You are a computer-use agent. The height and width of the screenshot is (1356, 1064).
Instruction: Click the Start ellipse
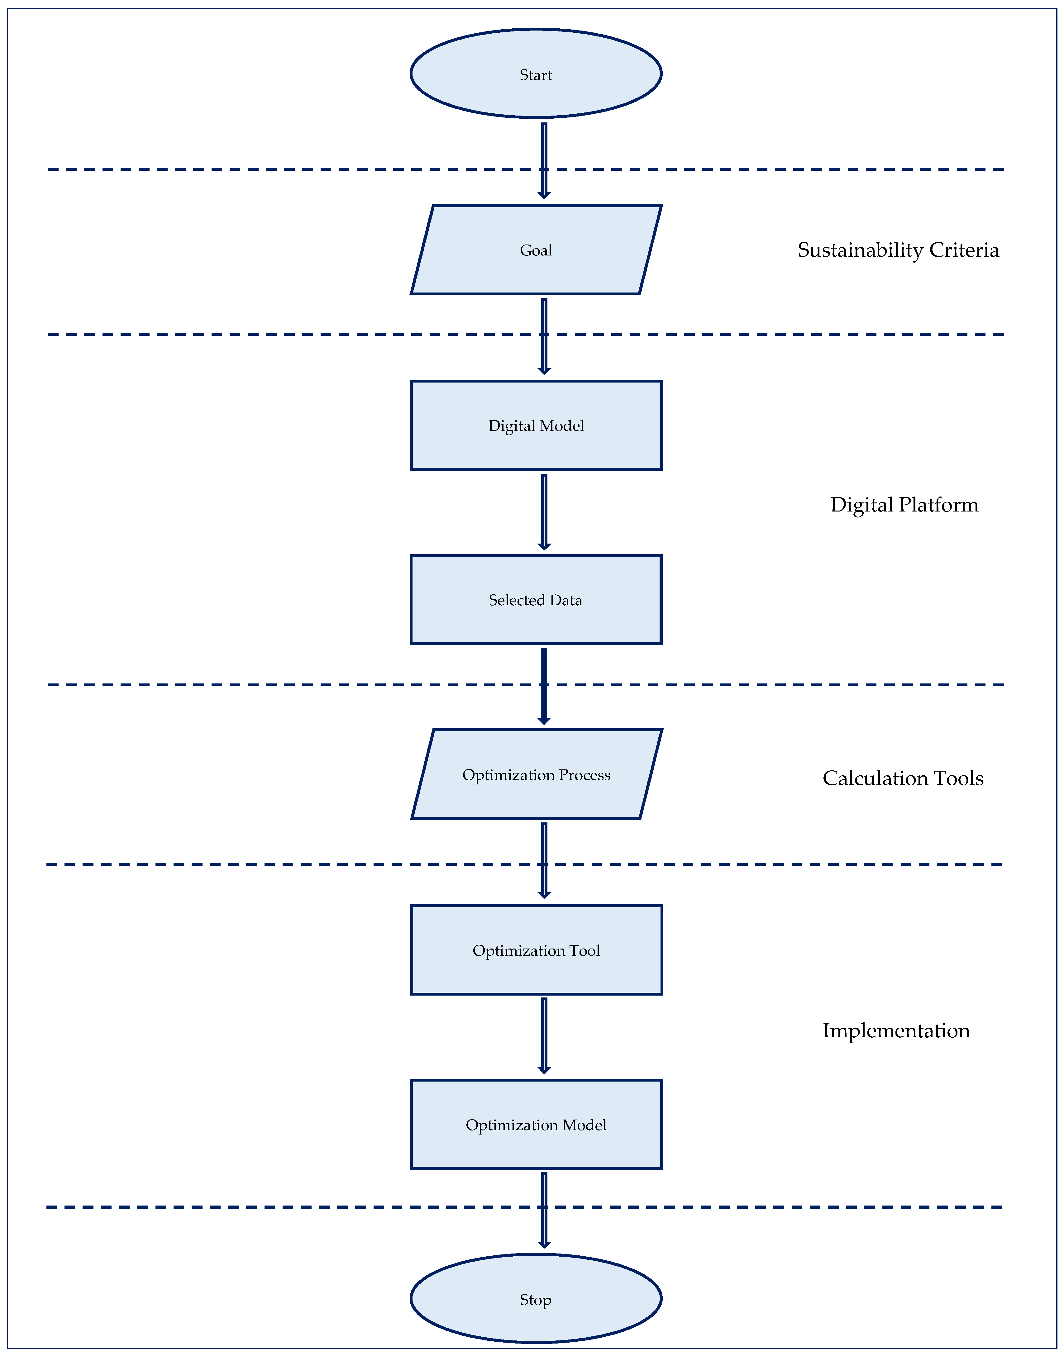[536, 74]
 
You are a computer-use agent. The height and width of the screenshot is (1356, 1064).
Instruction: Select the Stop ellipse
[536, 1298]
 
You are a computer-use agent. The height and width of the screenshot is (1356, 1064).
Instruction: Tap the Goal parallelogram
[536, 250]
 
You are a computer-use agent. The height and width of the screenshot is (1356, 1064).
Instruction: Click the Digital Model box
[536, 426]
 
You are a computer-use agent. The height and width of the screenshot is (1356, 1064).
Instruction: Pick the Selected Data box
[536, 600]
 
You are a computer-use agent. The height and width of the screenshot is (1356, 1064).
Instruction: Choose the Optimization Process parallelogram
[536, 774]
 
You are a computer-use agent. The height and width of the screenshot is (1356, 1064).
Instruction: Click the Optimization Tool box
[536, 950]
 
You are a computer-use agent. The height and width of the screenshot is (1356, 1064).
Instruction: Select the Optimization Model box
[536, 1124]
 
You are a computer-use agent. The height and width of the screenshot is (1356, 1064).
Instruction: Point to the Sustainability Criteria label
[898, 250]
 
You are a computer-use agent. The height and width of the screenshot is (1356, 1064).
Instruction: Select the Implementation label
[896, 1030]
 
